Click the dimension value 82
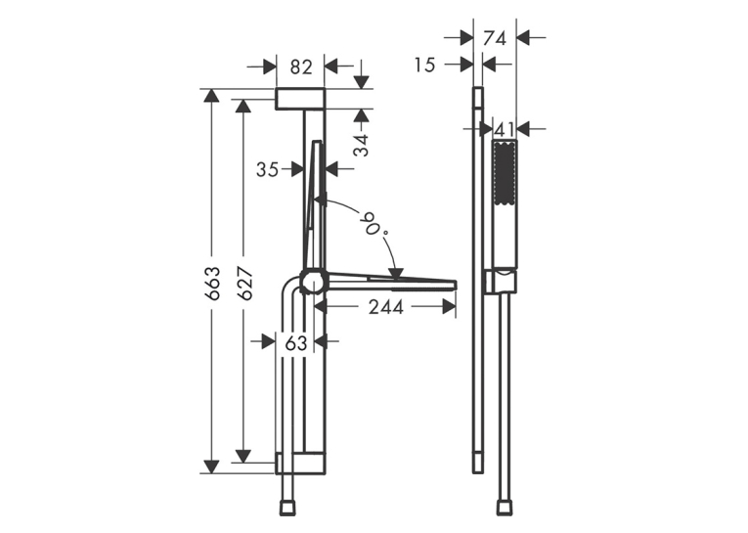[x=300, y=67]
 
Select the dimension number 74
[x=495, y=38]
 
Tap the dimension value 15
[x=424, y=65]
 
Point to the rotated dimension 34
[x=361, y=145]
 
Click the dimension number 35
[x=268, y=169]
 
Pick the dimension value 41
[x=504, y=129]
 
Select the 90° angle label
[x=374, y=224]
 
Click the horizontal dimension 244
[x=386, y=307]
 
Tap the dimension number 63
[x=295, y=342]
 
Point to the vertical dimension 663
[x=212, y=284]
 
